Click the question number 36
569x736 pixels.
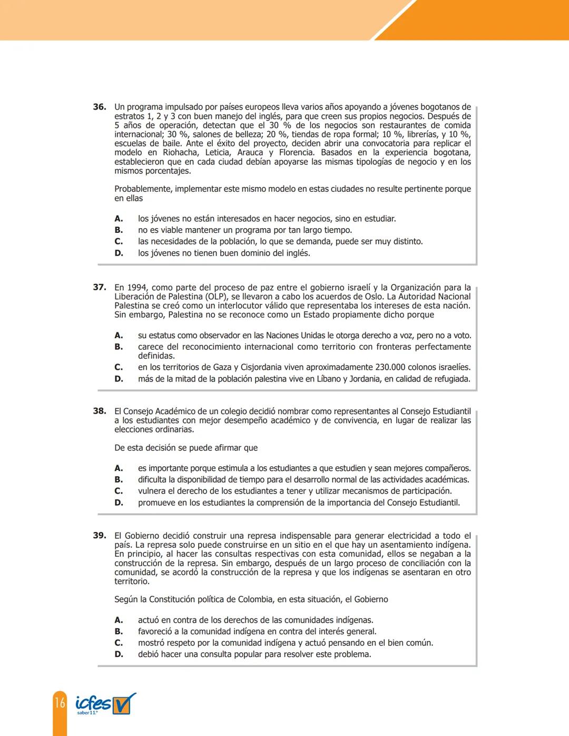click(x=100, y=107)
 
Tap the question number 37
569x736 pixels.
click(x=100, y=288)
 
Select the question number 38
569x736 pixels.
click(x=100, y=411)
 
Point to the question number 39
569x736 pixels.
click(x=100, y=535)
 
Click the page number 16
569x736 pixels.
click(x=60, y=702)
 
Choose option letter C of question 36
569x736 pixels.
click(x=119, y=241)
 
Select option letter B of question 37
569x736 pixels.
click(x=119, y=347)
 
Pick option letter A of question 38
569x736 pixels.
click(x=119, y=468)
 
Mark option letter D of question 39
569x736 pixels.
click(x=119, y=654)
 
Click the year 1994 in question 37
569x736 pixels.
click(x=138, y=288)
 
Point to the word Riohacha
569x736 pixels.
click(x=179, y=153)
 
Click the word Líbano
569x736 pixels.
click(x=328, y=379)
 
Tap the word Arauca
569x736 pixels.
click(x=250, y=153)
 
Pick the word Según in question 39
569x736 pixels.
click(x=126, y=600)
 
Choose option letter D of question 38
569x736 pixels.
click(x=119, y=503)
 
